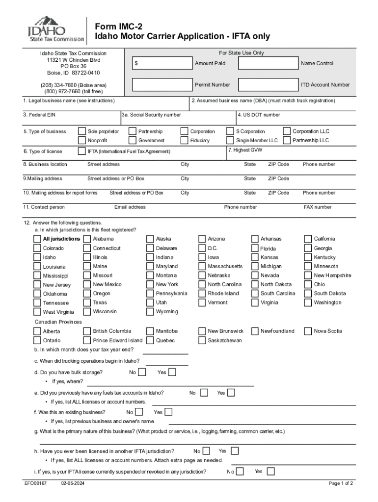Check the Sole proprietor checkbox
[82, 131]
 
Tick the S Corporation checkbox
[230, 131]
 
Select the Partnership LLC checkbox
[287, 141]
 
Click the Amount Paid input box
[162, 64]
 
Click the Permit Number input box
[162, 85]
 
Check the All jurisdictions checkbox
[38, 239]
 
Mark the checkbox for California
[308, 239]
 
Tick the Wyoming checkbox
[150, 312]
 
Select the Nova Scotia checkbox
[308, 331]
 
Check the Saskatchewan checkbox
[202, 340]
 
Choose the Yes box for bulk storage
[172, 373]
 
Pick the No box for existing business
[139, 412]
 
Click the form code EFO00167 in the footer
[35, 483]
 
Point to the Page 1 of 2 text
[341, 483]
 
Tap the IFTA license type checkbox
[82, 151]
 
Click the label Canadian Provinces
[58, 322]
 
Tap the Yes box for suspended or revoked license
[270, 472]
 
